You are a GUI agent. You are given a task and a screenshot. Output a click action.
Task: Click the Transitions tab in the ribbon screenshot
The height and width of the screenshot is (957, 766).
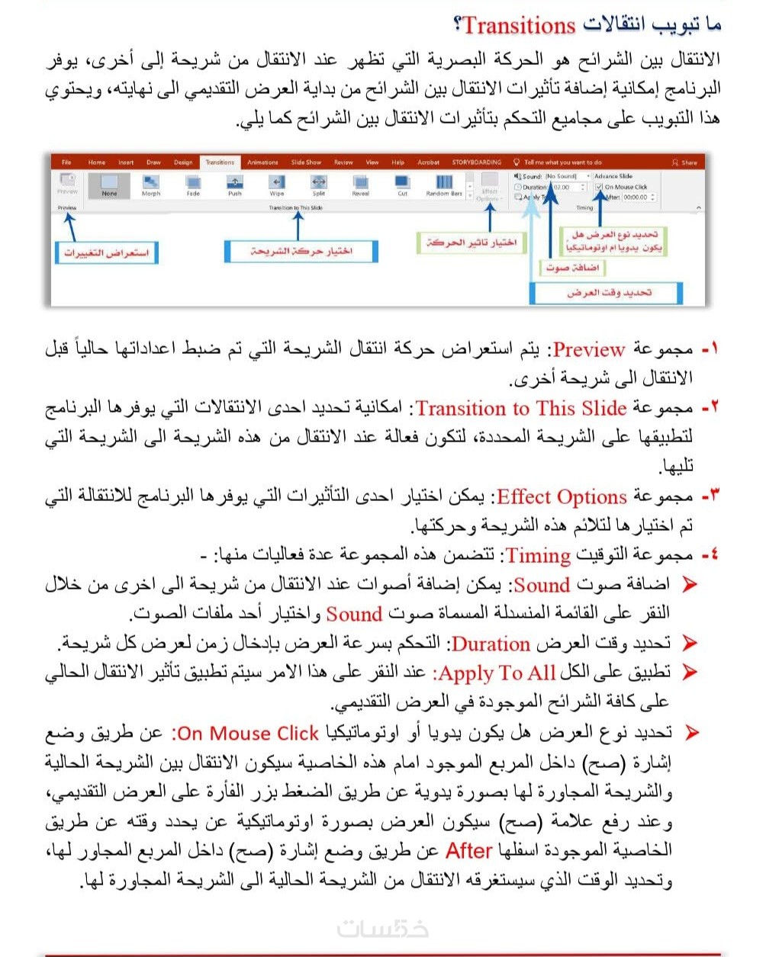[220, 162]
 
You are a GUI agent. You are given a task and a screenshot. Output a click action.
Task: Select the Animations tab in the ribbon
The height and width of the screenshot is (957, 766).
[262, 162]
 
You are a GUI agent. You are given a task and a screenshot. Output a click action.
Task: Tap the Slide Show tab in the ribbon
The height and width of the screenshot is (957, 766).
[306, 162]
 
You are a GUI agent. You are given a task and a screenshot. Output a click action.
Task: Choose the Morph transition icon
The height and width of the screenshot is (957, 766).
[151, 183]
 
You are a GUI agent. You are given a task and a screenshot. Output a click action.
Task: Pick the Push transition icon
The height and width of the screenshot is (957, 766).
[235, 183]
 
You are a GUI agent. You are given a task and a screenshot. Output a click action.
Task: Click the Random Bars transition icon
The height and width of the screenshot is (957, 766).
[444, 183]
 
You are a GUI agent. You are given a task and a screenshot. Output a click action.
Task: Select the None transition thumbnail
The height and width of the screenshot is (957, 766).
[109, 184]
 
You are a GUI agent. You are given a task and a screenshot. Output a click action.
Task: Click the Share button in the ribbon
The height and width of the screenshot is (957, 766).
[684, 162]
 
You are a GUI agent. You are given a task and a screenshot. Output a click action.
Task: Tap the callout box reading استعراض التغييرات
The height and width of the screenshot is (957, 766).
[106, 252]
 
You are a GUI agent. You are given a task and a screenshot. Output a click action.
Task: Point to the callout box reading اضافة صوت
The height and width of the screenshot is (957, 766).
[572, 268]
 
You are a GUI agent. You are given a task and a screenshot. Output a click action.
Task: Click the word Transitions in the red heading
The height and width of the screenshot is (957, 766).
[519, 25]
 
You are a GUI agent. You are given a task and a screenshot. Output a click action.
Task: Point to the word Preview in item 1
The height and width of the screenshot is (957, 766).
[589, 350]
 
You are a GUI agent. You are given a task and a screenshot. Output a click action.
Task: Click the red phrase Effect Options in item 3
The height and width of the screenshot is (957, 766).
[562, 497]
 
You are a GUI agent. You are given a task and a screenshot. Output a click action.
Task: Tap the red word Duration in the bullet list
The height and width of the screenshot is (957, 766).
[491, 644]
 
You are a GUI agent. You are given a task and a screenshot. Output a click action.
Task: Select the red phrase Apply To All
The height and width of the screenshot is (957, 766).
[497, 673]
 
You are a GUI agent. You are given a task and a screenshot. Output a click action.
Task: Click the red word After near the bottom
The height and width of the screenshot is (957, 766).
[468, 850]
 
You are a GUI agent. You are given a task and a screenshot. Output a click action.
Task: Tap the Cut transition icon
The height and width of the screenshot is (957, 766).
[402, 183]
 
